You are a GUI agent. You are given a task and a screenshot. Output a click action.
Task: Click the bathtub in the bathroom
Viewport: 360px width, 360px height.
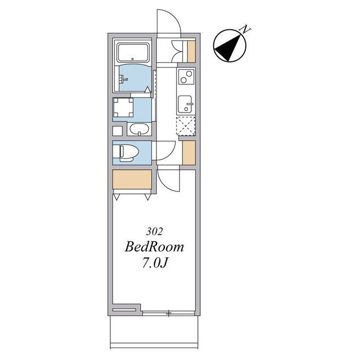tap(133, 52)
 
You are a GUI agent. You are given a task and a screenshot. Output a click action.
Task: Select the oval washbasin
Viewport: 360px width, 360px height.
tap(139, 129)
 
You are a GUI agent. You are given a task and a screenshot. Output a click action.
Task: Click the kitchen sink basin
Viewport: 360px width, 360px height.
tap(185, 104)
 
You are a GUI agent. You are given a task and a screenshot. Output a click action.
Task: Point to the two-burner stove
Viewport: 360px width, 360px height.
tap(186, 76)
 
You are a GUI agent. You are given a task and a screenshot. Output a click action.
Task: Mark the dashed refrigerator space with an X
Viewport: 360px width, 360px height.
tap(186, 126)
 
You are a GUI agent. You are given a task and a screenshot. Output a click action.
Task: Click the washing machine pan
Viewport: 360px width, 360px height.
tap(123, 107)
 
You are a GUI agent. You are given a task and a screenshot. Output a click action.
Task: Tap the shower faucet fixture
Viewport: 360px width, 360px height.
tap(123, 79)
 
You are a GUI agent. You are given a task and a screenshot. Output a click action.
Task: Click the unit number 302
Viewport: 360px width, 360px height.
tap(154, 231)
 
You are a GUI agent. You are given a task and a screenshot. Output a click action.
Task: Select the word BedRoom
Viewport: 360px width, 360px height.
tap(154, 247)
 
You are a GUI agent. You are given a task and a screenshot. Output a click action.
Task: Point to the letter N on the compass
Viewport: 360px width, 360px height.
tap(245, 29)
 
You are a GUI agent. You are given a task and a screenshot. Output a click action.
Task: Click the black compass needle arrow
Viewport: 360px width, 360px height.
tap(228, 48)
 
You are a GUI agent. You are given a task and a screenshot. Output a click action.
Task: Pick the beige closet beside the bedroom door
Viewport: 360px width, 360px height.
tap(132, 179)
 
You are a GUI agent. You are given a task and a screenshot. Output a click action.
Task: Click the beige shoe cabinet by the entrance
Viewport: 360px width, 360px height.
tap(191, 52)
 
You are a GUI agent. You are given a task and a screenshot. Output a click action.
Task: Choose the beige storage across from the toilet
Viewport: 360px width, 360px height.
tap(189, 152)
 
